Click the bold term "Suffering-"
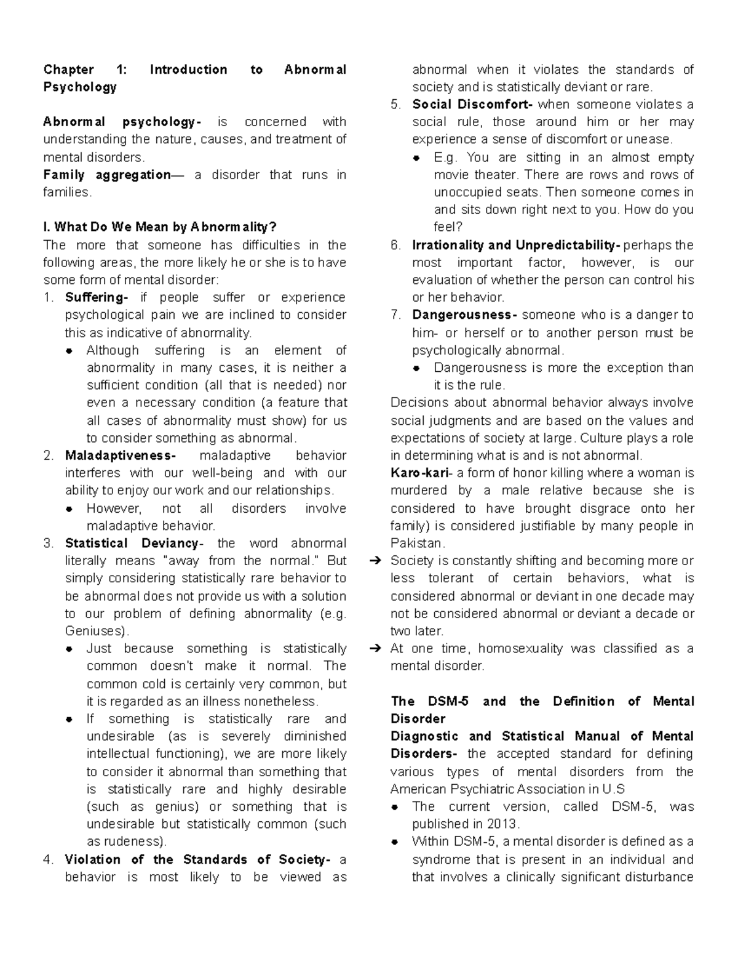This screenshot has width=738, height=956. click(x=96, y=298)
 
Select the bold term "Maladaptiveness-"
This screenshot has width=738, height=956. click(x=120, y=456)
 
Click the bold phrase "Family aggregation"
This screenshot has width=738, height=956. click(x=106, y=175)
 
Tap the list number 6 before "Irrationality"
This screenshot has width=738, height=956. click(x=395, y=246)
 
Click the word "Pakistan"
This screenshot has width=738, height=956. click(x=415, y=544)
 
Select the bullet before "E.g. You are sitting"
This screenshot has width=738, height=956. click(x=416, y=158)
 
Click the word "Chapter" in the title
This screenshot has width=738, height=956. click(x=68, y=70)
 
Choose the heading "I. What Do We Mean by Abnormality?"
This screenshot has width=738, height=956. click(x=156, y=228)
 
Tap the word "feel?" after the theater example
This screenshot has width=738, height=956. click(x=448, y=227)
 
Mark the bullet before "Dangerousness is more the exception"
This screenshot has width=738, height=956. click(x=416, y=369)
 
